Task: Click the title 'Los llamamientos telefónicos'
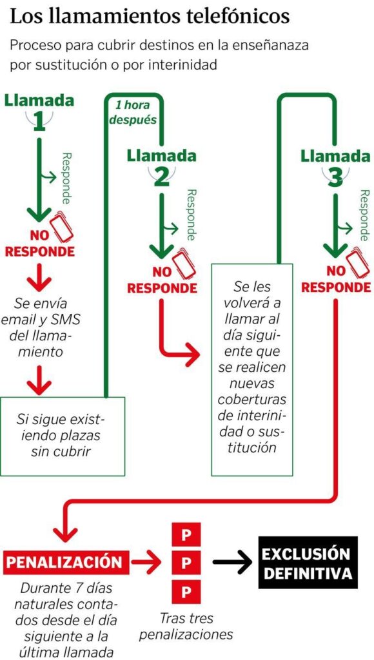click(150, 17)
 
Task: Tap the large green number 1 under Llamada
click(39, 122)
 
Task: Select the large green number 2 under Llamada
click(162, 177)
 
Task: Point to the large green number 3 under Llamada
click(335, 177)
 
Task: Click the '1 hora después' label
click(133, 112)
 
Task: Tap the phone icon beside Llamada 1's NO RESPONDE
click(62, 226)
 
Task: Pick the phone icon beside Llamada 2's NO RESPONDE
click(184, 264)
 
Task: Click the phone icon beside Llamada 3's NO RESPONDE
click(359, 264)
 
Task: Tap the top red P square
click(186, 536)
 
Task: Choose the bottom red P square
click(186, 592)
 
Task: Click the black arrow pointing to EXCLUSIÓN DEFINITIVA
click(233, 562)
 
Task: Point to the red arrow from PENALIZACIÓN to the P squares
click(146, 561)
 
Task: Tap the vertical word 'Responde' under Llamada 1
click(67, 178)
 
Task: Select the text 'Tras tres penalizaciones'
click(186, 626)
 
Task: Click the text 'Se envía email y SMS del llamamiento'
click(41, 327)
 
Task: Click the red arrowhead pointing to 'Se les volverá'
click(192, 354)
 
